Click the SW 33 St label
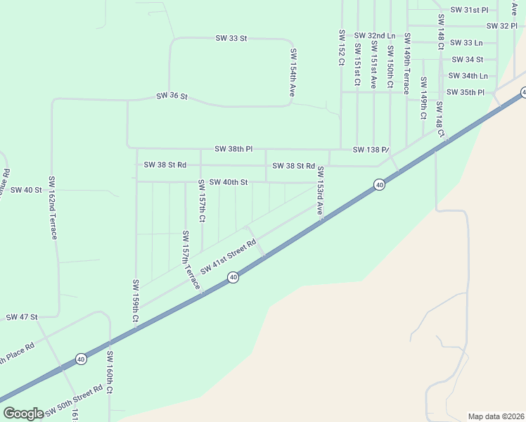click(x=231, y=38)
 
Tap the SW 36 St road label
click(x=172, y=95)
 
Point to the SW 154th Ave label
click(x=293, y=72)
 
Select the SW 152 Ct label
click(x=341, y=48)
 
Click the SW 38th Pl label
click(x=233, y=149)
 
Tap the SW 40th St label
click(x=229, y=182)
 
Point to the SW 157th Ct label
click(x=201, y=200)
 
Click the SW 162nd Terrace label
click(x=52, y=207)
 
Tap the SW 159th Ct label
click(x=135, y=302)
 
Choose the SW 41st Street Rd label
click(x=228, y=258)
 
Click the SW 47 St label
click(x=21, y=317)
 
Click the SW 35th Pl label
click(x=466, y=92)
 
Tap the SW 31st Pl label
click(x=469, y=10)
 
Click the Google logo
click(x=23, y=414)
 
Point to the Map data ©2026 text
click(x=496, y=416)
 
